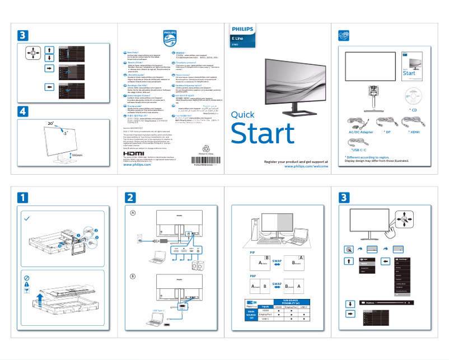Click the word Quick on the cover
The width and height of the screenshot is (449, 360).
(x=242, y=115)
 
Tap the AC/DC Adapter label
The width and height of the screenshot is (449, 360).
(x=361, y=132)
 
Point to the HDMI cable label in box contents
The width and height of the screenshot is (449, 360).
(x=414, y=132)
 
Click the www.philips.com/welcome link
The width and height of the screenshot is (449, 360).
(x=306, y=151)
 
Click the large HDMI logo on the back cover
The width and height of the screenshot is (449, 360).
(x=134, y=138)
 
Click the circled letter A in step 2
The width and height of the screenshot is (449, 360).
(x=133, y=213)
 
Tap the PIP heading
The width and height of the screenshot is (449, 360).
(x=252, y=253)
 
